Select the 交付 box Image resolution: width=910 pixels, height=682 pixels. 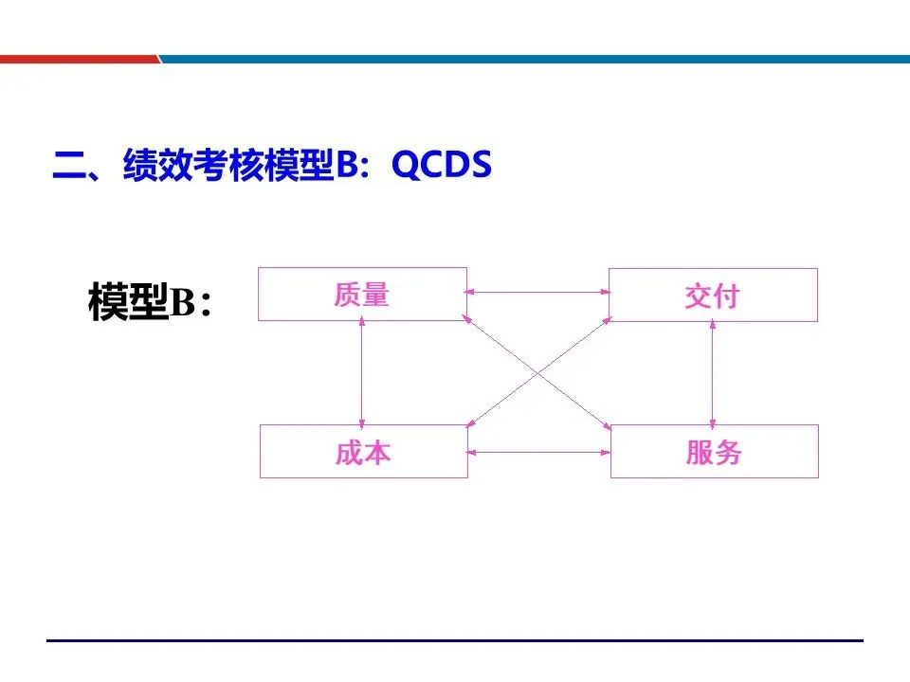click(713, 295)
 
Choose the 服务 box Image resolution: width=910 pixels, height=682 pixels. click(714, 452)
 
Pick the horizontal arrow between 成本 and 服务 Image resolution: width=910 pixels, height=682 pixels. click(538, 452)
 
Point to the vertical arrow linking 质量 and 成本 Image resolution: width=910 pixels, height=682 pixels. click(361, 372)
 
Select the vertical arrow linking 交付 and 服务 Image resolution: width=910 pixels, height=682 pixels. click(713, 372)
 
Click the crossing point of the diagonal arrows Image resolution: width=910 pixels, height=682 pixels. click(538, 371)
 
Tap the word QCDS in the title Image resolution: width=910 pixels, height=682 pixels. click(442, 167)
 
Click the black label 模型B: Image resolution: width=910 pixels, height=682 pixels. click(150, 300)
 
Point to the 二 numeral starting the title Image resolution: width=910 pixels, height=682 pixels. click(67, 169)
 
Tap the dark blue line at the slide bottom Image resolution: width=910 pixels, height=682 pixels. click(455, 641)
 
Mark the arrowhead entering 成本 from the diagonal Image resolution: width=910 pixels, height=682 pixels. click(471, 423)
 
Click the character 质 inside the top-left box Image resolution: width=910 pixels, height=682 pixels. click(347, 295)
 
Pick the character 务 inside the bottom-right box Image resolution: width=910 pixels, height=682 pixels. click(728, 452)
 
